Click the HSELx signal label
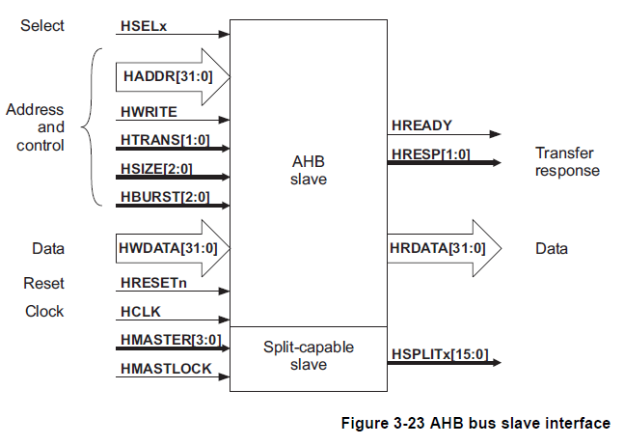point(143,25)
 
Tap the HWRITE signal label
point(147,112)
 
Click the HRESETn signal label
point(153,283)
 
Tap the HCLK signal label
point(140,311)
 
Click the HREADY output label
point(421,125)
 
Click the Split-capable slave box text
point(309,356)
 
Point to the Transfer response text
point(567,162)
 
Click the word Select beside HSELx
point(42,26)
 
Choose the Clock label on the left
point(44,311)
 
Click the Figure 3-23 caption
point(475,423)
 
